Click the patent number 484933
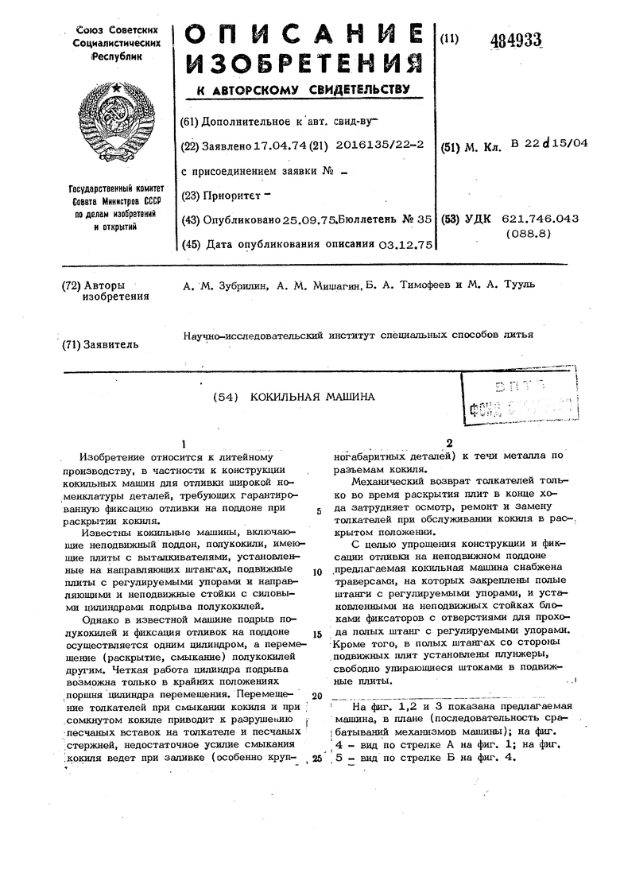516,41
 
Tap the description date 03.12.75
403,243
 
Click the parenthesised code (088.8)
529,235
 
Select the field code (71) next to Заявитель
74,344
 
